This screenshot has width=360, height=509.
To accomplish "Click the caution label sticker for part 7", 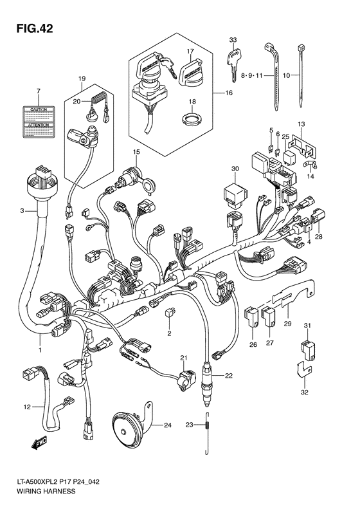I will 38,120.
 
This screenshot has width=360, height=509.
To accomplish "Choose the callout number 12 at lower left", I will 26,407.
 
